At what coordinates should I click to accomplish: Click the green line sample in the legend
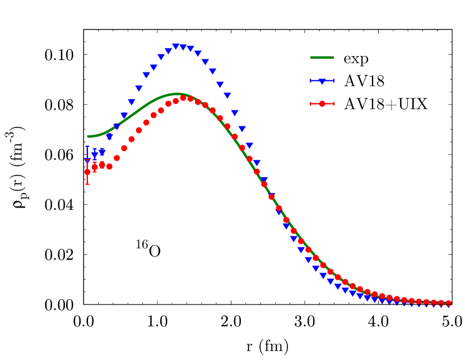coord(322,58)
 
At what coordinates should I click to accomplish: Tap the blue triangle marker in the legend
coord(322,81)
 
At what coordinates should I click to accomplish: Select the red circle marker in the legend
coord(322,104)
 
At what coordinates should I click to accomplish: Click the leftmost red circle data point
coord(87,172)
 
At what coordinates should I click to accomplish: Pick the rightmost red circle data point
coord(448,303)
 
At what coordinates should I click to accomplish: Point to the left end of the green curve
coord(88,136)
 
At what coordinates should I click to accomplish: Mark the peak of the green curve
coord(177,94)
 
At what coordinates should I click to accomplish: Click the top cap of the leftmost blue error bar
coord(87,147)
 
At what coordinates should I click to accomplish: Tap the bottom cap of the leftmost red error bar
coord(87,184)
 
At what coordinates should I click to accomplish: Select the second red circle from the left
coord(95,167)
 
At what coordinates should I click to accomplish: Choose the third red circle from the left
coord(102,165)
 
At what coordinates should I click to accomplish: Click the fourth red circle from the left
coord(109,167)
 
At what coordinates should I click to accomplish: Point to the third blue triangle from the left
coord(102,152)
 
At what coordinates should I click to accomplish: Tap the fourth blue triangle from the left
coord(109,137)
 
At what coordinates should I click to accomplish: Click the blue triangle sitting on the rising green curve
coord(117,127)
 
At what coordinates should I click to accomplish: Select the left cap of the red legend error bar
coord(311,104)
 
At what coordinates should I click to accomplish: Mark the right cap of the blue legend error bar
coord(334,81)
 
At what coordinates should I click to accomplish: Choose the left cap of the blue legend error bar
coord(311,81)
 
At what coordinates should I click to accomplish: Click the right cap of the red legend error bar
coord(334,104)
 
